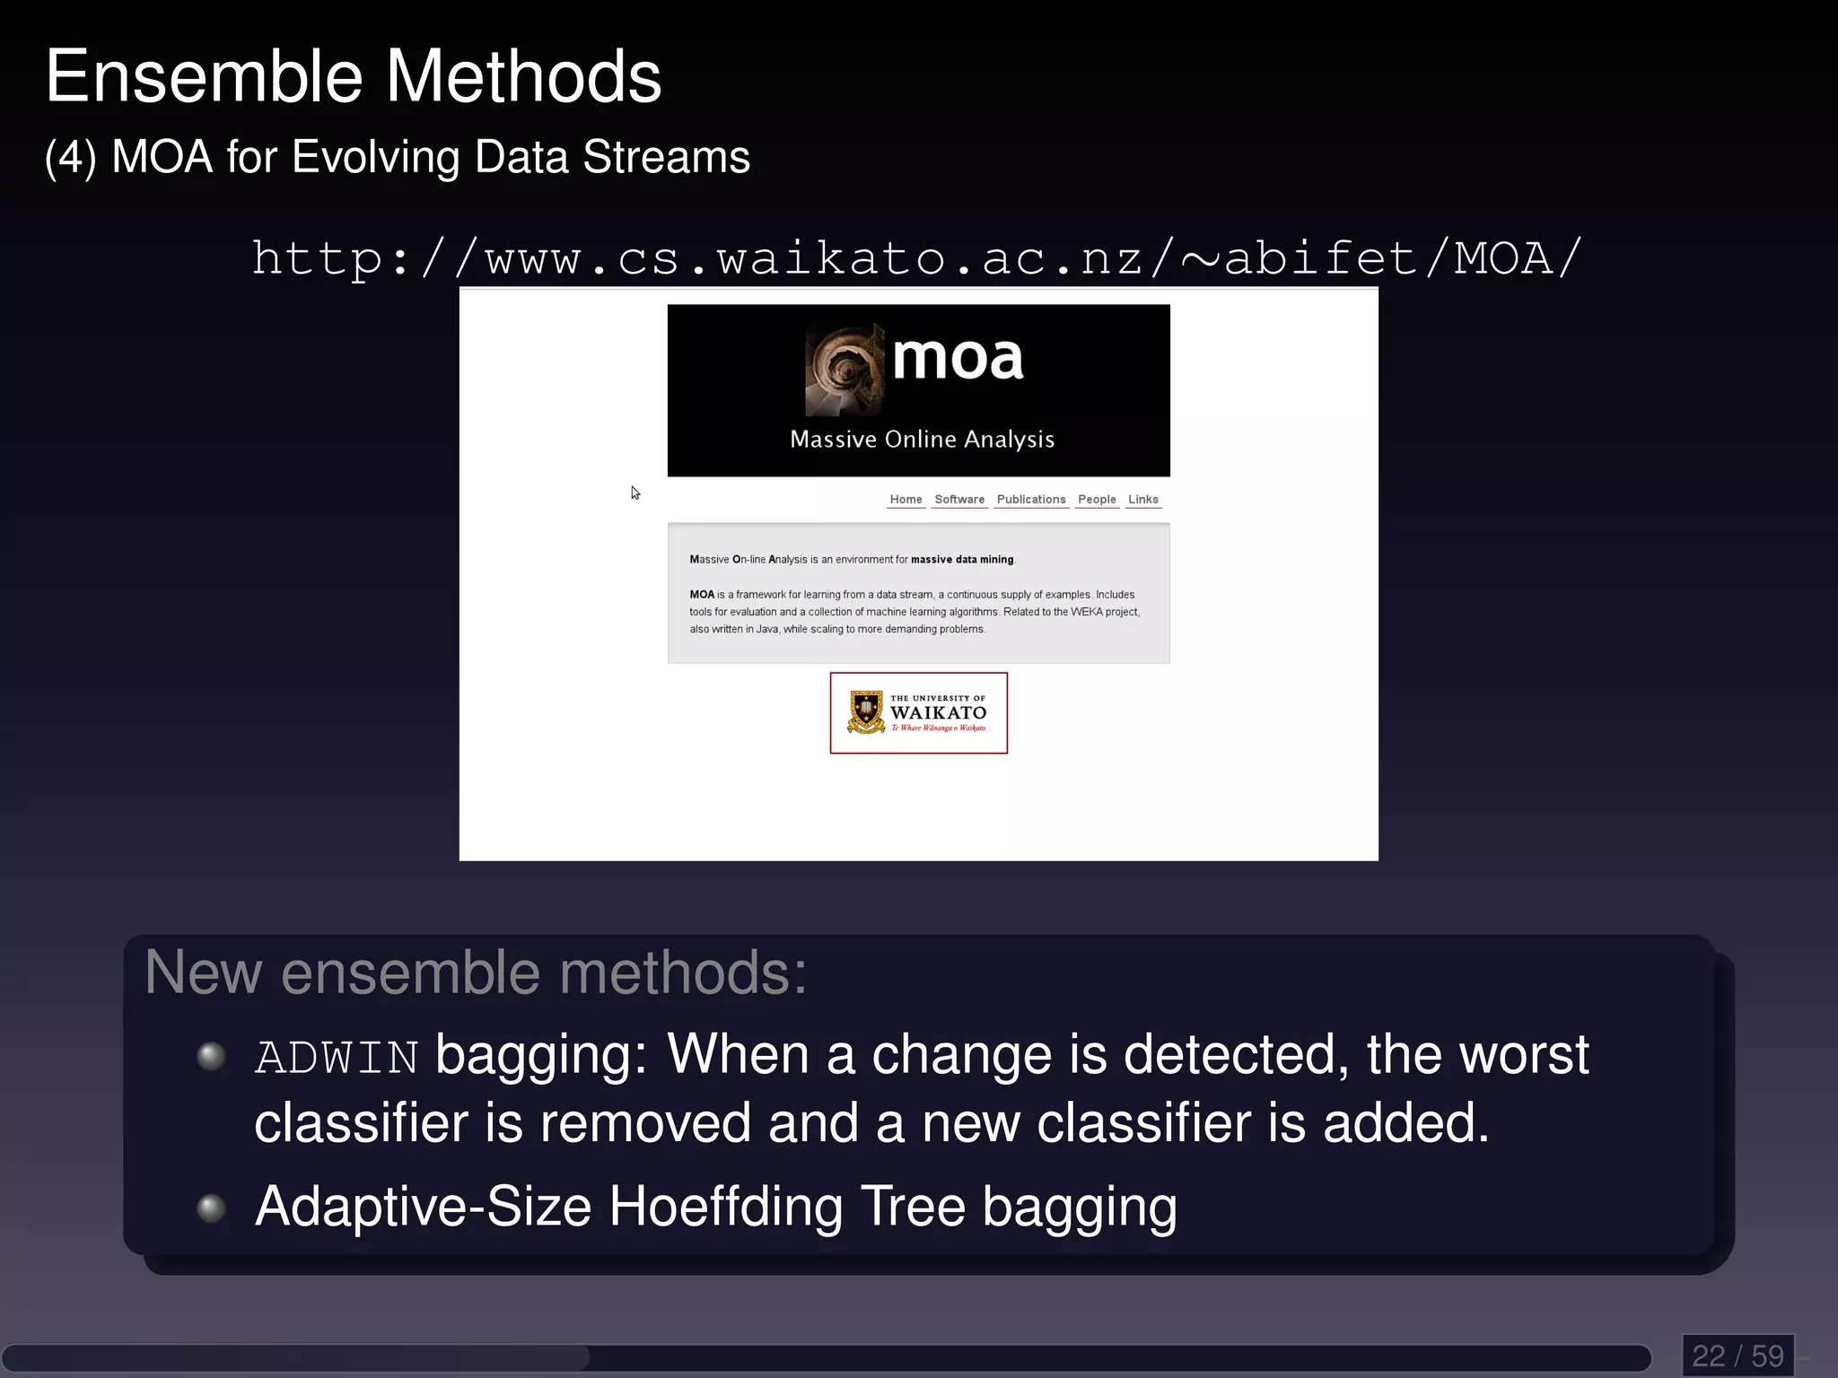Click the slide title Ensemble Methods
click(x=353, y=77)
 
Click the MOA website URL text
click(x=916, y=259)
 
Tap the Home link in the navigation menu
click(x=906, y=500)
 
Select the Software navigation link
click(x=958, y=500)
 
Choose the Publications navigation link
click(x=1030, y=500)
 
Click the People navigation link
click(x=1097, y=500)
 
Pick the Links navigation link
click(x=1142, y=500)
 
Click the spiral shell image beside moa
click(x=844, y=371)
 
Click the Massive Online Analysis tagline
click(x=922, y=440)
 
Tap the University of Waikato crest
click(x=866, y=712)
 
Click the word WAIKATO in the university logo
click(x=938, y=713)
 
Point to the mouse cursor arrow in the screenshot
click(x=635, y=493)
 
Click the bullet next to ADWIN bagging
click(x=211, y=1056)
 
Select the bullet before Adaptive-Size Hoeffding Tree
click(x=211, y=1208)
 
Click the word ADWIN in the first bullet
click(x=337, y=1058)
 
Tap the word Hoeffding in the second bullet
click(x=726, y=1207)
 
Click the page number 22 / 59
click(x=1737, y=1356)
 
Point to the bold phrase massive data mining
click(x=962, y=560)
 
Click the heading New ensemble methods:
click(x=476, y=972)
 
